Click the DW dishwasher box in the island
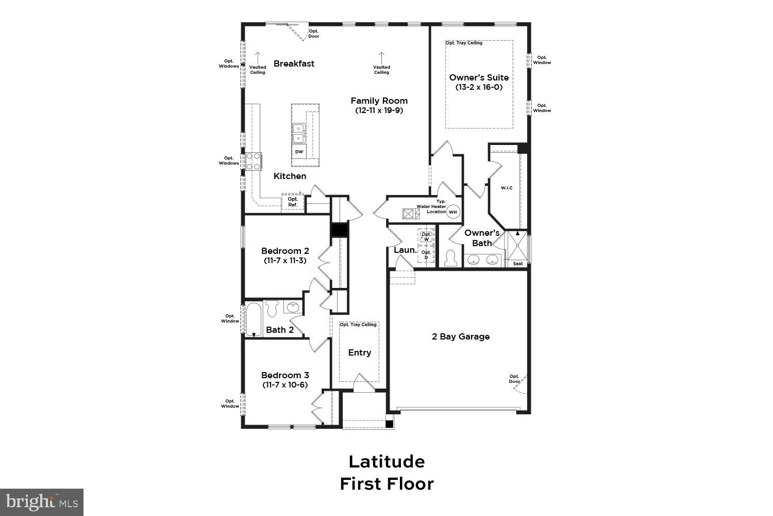click(x=299, y=152)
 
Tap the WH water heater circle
click(x=453, y=212)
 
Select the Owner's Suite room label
click(x=479, y=77)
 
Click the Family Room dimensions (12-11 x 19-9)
click(x=379, y=110)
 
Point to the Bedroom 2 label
click(x=285, y=251)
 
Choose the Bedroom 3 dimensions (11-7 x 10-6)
click(x=285, y=385)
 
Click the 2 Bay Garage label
click(x=461, y=336)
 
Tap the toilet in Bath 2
click(x=272, y=308)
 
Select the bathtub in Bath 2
click(x=254, y=319)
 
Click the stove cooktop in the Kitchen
click(x=254, y=161)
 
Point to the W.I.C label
click(x=507, y=188)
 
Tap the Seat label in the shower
click(x=518, y=264)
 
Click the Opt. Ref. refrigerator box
click(x=293, y=202)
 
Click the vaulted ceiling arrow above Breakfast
click(x=258, y=56)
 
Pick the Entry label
click(x=359, y=352)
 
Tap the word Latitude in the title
click(x=386, y=461)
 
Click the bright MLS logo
click(x=41, y=502)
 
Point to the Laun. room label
click(x=405, y=250)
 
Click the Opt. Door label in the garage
click(x=514, y=379)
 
